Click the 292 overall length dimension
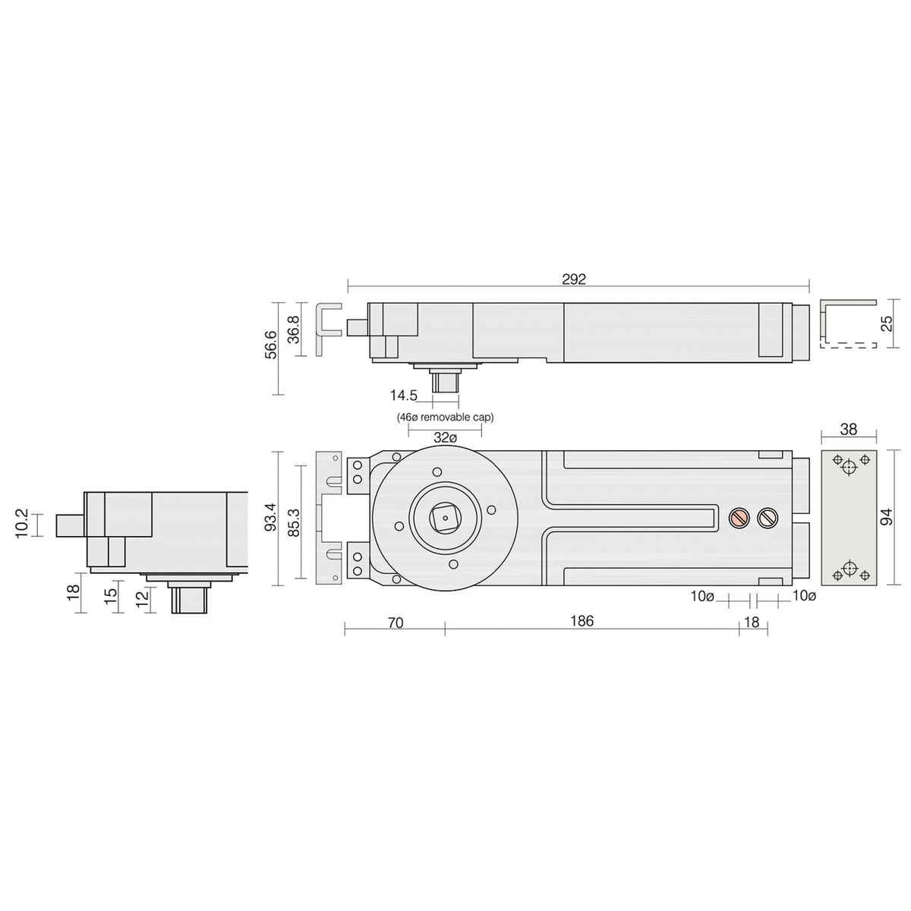coord(575,279)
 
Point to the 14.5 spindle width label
coord(403,396)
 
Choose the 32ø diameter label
coord(446,438)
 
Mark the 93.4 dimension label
coord(271,519)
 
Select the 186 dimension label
coord(582,621)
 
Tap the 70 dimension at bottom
coord(395,623)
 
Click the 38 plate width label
coord(849,430)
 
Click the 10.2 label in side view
coord(23,525)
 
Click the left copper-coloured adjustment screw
coord(738,518)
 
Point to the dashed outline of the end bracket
coord(849,345)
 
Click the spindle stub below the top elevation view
coord(445,382)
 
